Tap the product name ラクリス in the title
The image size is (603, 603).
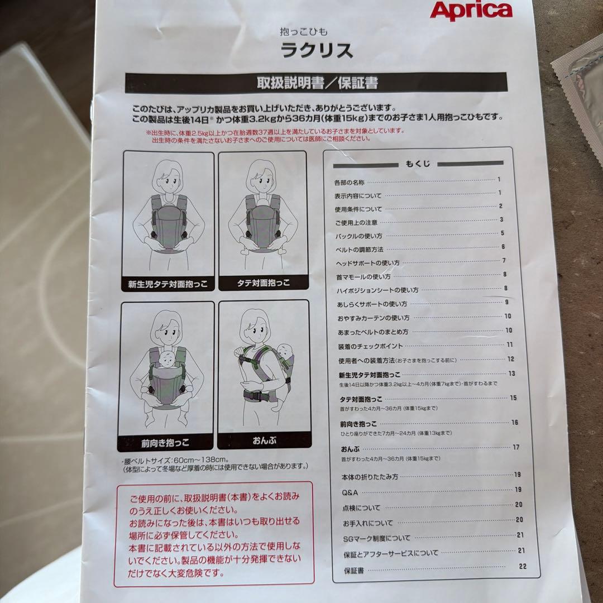tap(317, 51)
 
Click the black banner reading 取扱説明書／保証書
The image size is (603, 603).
tap(316, 83)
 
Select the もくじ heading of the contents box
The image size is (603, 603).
tap(417, 164)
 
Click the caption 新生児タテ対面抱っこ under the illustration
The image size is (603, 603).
tap(167, 284)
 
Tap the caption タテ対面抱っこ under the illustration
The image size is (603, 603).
tap(262, 284)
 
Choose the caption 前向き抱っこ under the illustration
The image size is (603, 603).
tap(165, 443)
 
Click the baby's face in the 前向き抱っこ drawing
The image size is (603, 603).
tap(166, 359)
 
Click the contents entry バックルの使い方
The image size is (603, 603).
tap(358, 236)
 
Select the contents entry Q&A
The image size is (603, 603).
tap(350, 493)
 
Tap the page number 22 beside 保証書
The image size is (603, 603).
tap(523, 566)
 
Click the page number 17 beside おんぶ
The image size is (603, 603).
tap(516, 447)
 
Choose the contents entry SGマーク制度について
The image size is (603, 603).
tap(376, 538)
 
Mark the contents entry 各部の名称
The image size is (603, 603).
tap(349, 182)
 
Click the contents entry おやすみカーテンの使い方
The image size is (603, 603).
tap(373, 318)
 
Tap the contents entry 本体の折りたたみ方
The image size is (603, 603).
tap(370, 477)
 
